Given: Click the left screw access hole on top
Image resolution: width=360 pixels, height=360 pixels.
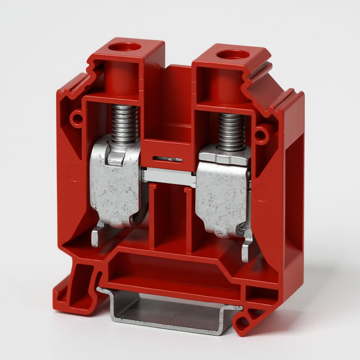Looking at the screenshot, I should tap(124, 47).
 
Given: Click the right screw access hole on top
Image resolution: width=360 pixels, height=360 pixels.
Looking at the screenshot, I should tap(232, 54).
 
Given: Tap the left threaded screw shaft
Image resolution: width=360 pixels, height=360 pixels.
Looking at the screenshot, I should tap(124, 123).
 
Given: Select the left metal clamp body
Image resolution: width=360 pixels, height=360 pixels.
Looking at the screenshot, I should tap(115, 186).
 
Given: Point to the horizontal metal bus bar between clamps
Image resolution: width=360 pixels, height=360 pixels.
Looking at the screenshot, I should tap(169, 176).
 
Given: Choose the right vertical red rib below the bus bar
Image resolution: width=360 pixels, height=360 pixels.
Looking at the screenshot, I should tap(188, 220).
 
